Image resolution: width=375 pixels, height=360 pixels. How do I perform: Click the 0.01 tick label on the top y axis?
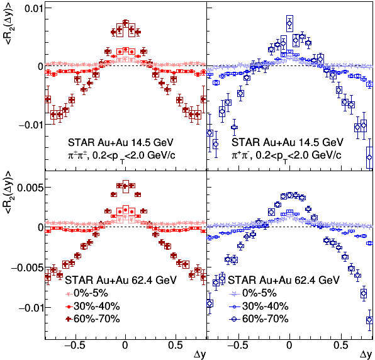(x=33, y=8)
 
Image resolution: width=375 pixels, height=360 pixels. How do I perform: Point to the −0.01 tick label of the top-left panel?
(x=30, y=125)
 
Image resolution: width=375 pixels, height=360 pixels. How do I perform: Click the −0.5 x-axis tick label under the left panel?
(x=74, y=346)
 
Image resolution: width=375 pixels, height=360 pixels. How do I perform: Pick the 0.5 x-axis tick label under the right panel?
(x=341, y=346)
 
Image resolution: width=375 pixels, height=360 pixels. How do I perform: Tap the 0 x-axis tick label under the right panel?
(x=289, y=346)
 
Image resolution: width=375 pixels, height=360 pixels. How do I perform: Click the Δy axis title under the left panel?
(x=199, y=355)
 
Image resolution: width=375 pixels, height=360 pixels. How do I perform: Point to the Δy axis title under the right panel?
(x=366, y=355)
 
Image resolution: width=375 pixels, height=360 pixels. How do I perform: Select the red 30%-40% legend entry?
(x=92, y=306)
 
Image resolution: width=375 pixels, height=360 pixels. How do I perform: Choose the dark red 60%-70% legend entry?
(x=92, y=319)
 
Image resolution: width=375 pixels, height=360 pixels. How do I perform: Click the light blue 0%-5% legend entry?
(x=253, y=293)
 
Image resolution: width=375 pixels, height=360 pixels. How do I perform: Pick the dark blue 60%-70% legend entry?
(x=259, y=319)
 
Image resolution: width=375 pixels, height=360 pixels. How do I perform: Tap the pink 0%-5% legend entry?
(x=87, y=293)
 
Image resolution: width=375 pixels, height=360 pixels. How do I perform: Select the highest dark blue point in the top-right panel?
(x=289, y=23)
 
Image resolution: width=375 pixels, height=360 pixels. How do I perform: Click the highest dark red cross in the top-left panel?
(x=126, y=23)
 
